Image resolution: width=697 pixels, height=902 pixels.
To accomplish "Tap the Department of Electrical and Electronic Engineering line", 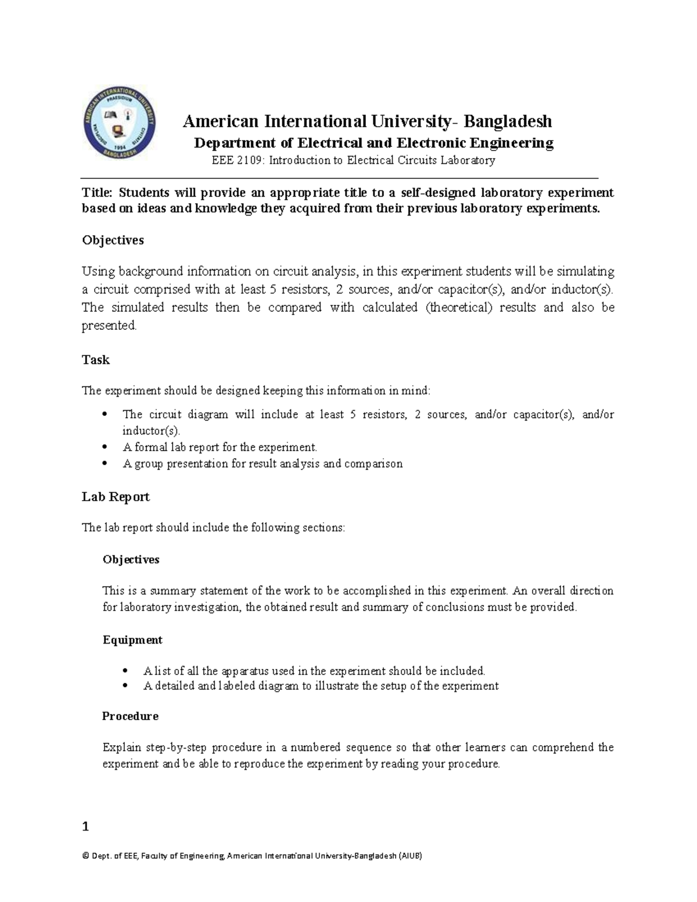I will coord(373,143).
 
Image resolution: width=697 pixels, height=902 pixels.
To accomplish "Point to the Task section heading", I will coord(96,360).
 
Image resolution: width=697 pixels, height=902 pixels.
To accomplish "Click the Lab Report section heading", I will coord(116,497).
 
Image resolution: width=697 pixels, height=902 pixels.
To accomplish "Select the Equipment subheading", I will coord(132,640).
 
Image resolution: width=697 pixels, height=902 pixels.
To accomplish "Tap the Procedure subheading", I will coord(130,716).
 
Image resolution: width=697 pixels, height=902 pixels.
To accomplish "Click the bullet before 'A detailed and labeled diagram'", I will coord(125,686).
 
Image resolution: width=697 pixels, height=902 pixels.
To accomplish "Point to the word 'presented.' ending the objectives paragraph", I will coord(109,326).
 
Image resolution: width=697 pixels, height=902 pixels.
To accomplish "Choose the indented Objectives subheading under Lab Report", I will coord(131,560).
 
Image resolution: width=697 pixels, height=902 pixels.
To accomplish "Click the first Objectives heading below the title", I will coord(113,240).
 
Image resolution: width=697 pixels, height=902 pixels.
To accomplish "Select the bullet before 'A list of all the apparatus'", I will coord(125,671).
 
